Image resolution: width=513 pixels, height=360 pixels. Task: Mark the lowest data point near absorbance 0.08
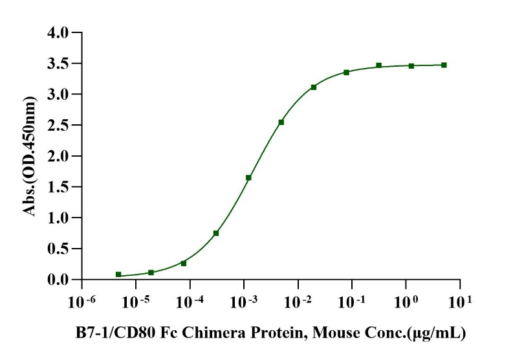[x=118, y=275]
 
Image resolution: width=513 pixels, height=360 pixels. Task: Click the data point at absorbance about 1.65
[x=248, y=177]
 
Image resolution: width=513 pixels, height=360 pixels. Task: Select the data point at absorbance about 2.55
[x=281, y=122]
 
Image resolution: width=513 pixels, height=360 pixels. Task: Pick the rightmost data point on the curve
[x=444, y=65]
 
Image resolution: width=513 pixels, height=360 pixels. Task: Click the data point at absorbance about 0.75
[x=216, y=233]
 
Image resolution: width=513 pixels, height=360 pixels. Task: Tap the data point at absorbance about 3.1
[x=314, y=87]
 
